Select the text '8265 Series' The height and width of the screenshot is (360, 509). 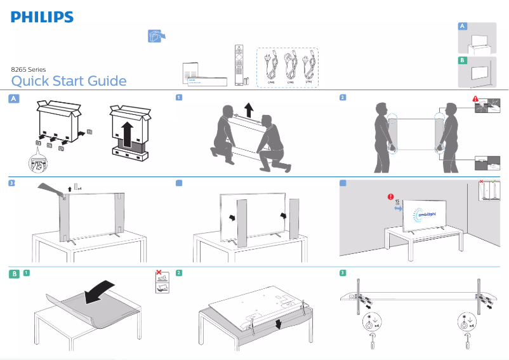pos(29,69)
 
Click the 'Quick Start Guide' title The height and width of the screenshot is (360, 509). pos(69,81)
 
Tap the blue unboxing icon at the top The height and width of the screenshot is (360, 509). pos(153,37)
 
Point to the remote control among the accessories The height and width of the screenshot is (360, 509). pos(239,63)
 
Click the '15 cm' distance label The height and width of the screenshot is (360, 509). pos(397,203)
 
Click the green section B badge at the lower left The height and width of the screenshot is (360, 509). pos(13,274)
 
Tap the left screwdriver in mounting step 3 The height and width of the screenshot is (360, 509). pos(372,342)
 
